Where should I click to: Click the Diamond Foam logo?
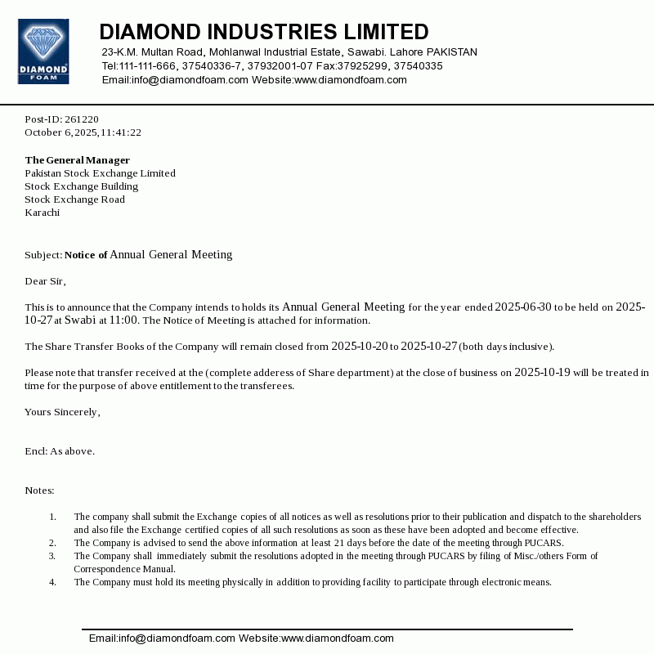click(43, 52)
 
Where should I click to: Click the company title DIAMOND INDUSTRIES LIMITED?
click(263, 32)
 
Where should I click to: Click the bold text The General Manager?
click(77, 160)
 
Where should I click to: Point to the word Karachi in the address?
click(43, 213)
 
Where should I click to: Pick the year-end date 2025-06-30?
click(523, 307)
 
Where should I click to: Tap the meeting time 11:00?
click(123, 320)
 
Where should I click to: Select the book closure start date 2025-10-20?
click(359, 347)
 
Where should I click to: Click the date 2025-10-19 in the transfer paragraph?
click(542, 373)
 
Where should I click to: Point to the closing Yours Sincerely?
click(62, 412)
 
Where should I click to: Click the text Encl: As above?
click(60, 451)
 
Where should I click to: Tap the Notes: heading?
click(39, 490)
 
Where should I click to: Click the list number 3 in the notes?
click(52, 556)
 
